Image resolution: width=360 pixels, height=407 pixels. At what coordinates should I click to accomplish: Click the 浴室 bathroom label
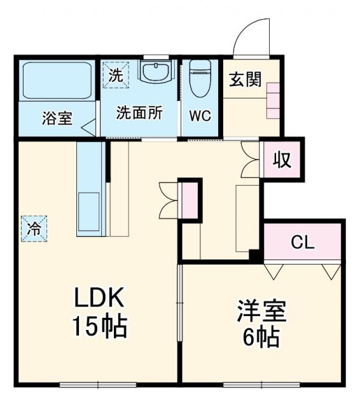click(x=57, y=118)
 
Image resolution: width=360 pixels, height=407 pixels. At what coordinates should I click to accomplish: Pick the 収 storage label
click(x=282, y=160)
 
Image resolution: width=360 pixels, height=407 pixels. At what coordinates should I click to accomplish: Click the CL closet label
click(x=304, y=242)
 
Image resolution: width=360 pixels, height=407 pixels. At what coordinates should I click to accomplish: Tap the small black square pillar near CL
click(x=255, y=256)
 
